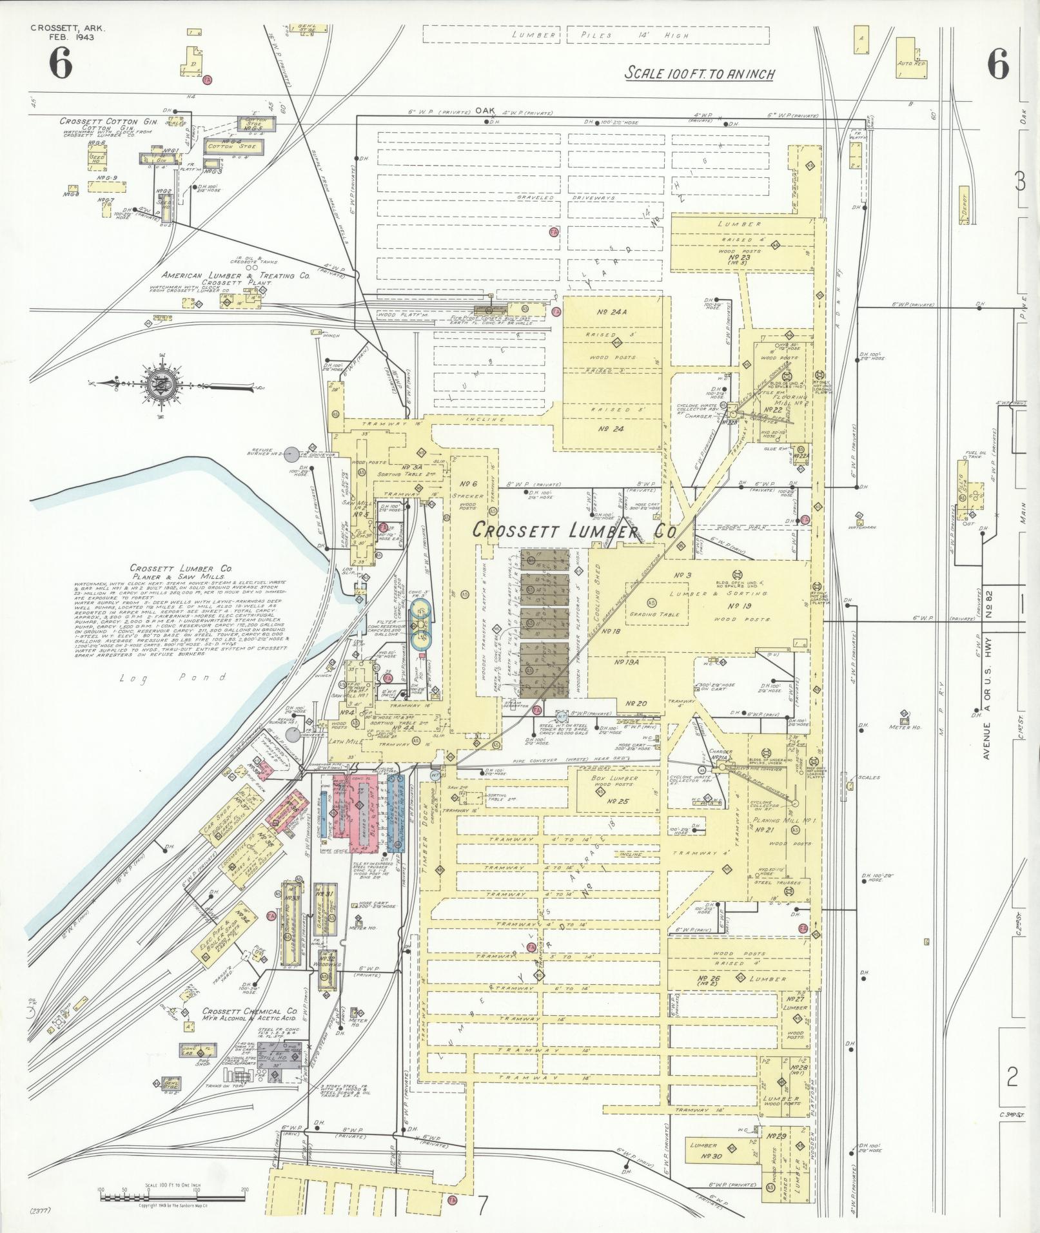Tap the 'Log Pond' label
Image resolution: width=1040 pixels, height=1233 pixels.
tap(173, 677)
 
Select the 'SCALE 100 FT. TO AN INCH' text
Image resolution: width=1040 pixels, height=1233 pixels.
tap(699, 73)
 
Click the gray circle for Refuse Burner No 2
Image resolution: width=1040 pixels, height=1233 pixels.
tap(292, 454)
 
